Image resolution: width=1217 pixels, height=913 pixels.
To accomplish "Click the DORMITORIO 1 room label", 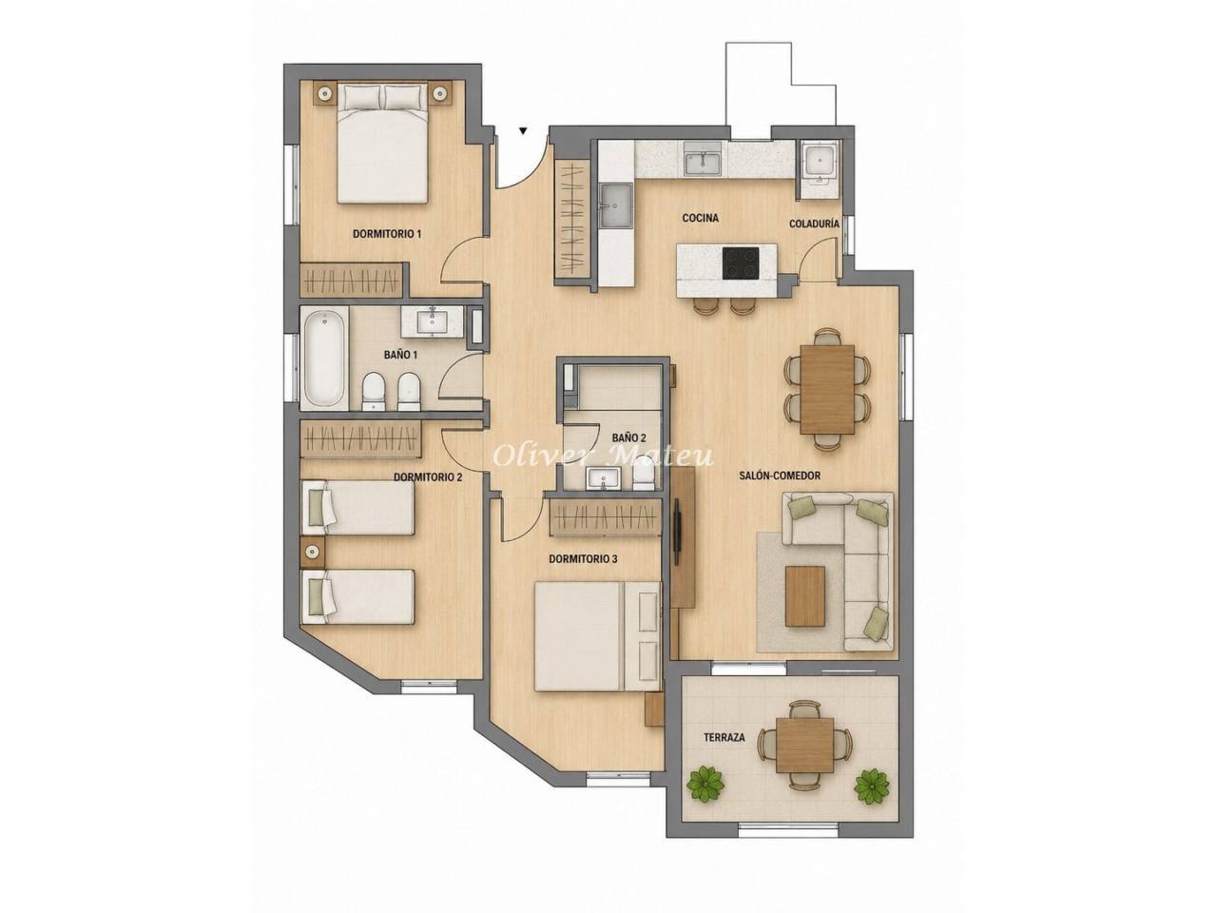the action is coord(386,234).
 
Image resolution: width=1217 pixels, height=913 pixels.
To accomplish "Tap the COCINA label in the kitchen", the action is coord(701,218).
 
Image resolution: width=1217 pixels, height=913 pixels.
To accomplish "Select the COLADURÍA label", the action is coord(814,223).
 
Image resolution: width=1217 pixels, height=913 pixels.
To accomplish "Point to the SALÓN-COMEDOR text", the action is coord(780,476).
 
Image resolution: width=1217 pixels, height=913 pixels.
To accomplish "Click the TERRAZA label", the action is coord(724,737).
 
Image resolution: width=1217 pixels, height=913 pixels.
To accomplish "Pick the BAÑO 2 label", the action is coord(628,437).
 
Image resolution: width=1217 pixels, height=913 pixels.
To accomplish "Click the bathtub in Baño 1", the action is coord(324,359).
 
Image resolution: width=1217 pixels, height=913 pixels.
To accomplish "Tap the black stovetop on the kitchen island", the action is coord(741,262).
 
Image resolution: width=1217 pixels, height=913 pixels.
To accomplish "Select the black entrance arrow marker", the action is coord(523,131).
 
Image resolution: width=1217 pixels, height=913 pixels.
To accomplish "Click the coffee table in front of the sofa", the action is coord(805,596).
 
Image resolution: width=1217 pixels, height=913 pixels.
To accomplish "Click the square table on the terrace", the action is coord(804,744).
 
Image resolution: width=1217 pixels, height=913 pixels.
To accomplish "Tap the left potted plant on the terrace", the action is coord(705,784).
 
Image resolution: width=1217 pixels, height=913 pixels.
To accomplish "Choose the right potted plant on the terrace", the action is coord(872,785).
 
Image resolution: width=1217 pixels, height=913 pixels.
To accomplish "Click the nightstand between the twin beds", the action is coord(313,553).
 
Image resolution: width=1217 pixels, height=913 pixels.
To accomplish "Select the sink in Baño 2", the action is coord(603,478).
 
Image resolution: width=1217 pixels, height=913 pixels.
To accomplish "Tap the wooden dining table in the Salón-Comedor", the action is coord(827,389).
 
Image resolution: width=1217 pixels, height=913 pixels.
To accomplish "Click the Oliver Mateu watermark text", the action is coord(603,456).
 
